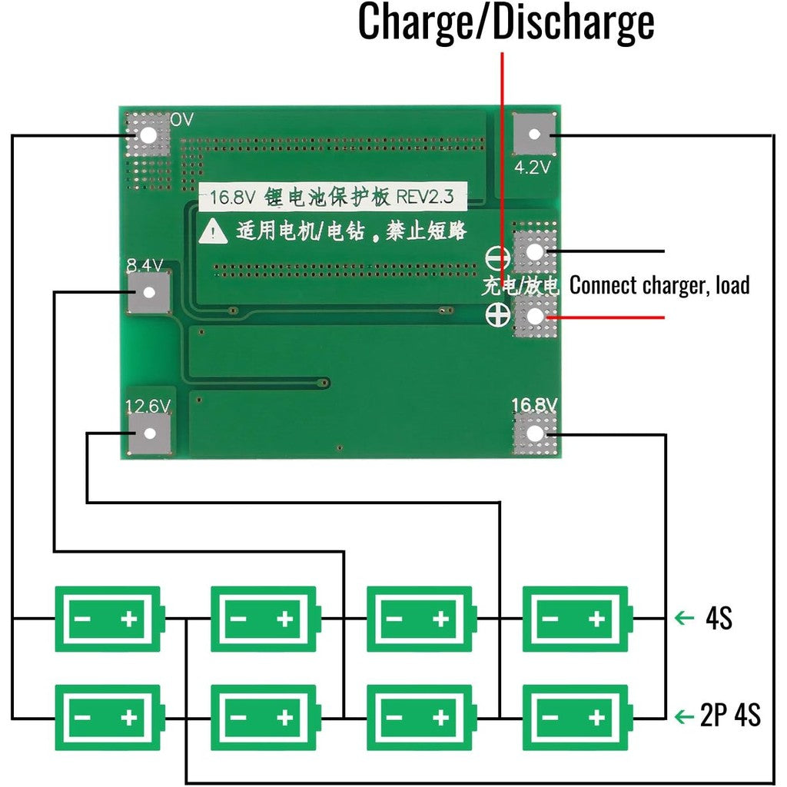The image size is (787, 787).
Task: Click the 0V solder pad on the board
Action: coord(148,135)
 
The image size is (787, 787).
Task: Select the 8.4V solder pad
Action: coord(148,293)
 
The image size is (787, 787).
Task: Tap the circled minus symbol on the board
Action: coord(496,257)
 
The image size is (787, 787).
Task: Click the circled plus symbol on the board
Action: coord(496,314)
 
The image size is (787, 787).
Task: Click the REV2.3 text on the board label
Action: coord(425,198)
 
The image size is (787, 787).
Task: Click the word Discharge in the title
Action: coord(573,23)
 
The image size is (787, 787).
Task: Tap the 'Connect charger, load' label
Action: coord(659,285)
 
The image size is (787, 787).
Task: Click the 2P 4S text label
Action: coord(731,716)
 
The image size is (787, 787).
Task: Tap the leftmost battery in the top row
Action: coord(108,618)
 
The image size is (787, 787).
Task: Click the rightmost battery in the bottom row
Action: coord(576,717)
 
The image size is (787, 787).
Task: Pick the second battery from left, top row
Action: coord(264,618)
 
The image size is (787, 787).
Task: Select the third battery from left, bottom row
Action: coord(420,717)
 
